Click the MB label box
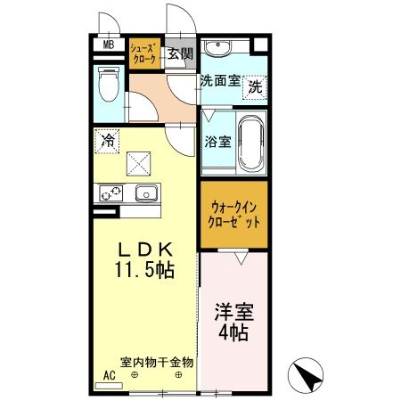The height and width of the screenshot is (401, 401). tap(108, 46)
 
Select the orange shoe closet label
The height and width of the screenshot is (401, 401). tap(143, 53)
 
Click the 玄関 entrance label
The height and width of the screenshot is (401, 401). tap(180, 54)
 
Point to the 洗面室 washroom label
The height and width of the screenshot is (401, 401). tap(219, 80)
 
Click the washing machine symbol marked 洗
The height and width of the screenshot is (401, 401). tap(255, 86)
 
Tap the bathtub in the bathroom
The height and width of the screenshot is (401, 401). tap(251, 142)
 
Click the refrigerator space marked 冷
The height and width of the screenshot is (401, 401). tap(107, 140)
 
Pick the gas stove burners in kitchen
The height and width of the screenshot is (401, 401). tap(111, 192)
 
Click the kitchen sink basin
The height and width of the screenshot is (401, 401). tap(144, 192)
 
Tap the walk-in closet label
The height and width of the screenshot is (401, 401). tap(232, 213)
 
